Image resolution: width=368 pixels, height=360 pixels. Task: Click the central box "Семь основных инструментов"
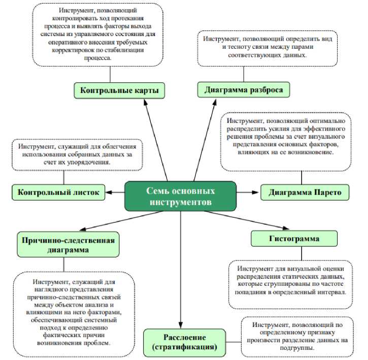(x=181, y=196)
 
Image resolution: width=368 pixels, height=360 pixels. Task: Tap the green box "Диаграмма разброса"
(x=243, y=90)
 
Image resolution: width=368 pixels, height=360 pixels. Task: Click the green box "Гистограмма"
(x=294, y=238)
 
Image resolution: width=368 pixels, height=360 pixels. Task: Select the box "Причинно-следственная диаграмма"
(x=68, y=244)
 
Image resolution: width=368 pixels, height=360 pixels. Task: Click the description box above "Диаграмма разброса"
(x=267, y=48)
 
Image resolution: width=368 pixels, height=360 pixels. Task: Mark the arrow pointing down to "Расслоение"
(x=181, y=274)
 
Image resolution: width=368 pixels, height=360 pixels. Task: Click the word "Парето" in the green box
(x=328, y=192)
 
